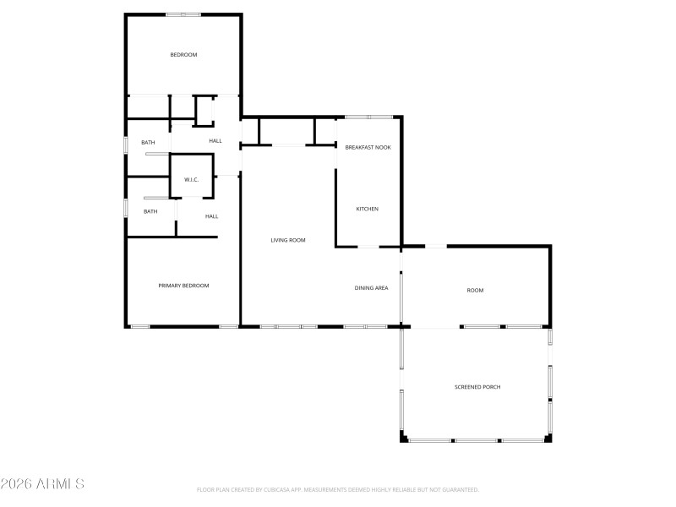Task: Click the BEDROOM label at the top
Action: pos(183,55)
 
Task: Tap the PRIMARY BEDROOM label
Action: pos(183,286)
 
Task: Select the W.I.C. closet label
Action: pos(191,179)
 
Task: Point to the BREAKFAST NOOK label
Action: pos(368,148)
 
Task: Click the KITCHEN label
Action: pos(367,209)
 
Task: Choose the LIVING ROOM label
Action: pos(287,241)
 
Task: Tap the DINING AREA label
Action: pos(371,289)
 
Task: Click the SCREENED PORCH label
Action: pos(477,387)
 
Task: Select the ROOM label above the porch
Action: pos(475,291)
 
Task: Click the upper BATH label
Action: pos(148,143)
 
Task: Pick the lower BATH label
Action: pos(150,211)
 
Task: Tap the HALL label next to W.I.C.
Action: pos(215,141)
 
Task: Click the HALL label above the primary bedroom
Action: pos(211,216)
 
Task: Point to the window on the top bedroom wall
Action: pos(183,14)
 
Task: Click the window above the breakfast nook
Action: pos(368,117)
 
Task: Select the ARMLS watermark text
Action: pos(42,484)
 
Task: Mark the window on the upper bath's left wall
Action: pos(127,143)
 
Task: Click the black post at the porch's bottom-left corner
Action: pos(403,439)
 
